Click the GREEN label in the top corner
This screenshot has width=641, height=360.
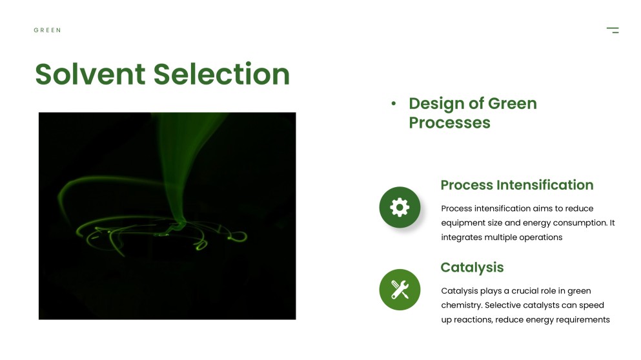[47, 30]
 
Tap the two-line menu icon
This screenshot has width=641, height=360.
[613, 30]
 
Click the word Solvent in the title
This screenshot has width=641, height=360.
[90, 74]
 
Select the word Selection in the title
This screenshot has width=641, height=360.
[221, 74]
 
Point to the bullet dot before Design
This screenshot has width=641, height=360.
[393, 104]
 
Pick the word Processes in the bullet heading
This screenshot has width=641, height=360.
[449, 123]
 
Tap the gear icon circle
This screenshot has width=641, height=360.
[400, 207]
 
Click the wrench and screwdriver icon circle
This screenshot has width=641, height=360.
[400, 289]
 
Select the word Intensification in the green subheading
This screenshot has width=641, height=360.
[545, 185]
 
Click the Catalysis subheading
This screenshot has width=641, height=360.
[472, 267]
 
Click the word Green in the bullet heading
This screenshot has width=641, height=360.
[513, 103]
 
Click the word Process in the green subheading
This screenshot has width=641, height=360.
[467, 185]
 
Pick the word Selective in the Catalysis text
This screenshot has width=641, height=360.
[502, 305]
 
